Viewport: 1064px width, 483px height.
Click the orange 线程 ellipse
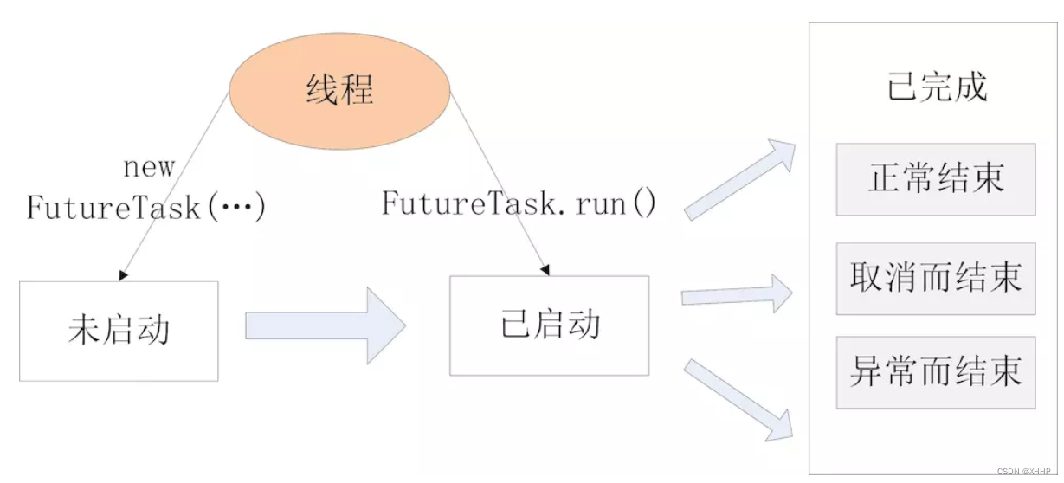tap(339, 90)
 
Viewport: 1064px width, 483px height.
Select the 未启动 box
tap(119, 331)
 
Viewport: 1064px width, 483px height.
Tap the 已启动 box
tap(549, 325)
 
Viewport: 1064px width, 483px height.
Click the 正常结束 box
tap(935, 179)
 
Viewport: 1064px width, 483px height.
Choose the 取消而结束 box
tap(935, 278)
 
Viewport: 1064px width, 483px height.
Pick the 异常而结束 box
tap(935, 372)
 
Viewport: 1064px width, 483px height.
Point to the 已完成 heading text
tap(937, 87)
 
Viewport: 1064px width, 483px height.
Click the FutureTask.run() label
tap(519, 204)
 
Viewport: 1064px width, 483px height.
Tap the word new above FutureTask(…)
tap(148, 167)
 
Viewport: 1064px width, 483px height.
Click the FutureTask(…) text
tap(145, 208)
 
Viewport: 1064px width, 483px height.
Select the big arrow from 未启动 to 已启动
tap(325, 325)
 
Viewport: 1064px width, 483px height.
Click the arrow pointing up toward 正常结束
tap(740, 179)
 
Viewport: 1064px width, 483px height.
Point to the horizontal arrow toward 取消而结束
tap(737, 295)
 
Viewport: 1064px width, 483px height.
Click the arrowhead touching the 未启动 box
tap(123, 275)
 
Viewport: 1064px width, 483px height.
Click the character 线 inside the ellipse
tap(321, 90)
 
